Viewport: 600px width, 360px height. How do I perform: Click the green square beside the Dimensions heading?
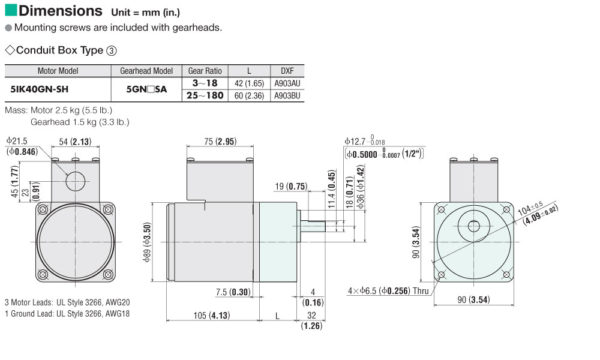pyautogui.click(x=11, y=10)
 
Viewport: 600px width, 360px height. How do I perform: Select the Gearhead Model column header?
pyautogui.click(x=146, y=71)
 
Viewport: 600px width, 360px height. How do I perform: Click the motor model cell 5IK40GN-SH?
pyautogui.click(x=40, y=89)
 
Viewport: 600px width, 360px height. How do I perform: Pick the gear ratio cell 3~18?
pyautogui.click(x=205, y=83)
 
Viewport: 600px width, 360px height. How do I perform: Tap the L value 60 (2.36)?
pyautogui.click(x=249, y=95)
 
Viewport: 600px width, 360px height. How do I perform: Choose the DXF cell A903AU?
pyautogui.click(x=287, y=83)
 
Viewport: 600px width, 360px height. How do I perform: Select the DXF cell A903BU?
pyautogui.click(x=287, y=95)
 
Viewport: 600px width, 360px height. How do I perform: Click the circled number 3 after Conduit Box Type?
pyautogui.click(x=112, y=50)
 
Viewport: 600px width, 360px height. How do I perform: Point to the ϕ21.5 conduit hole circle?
pyautogui.click(x=76, y=172)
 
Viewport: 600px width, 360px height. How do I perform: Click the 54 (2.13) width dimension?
pyautogui.click(x=75, y=142)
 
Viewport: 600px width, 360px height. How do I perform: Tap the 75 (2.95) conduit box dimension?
pyautogui.click(x=220, y=141)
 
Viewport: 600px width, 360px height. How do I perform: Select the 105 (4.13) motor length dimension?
pyautogui.click(x=212, y=315)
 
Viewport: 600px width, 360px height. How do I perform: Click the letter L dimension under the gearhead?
pyautogui.click(x=277, y=316)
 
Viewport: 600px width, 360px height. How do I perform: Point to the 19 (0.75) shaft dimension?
pyautogui.click(x=291, y=187)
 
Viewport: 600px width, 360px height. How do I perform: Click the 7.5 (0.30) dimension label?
pyautogui.click(x=233, y=292)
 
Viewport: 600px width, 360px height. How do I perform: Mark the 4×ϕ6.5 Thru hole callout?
pyautogui.click(x=388, y=291)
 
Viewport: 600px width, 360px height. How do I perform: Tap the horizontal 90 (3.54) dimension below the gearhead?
pyautogui.click(x=474, y=299)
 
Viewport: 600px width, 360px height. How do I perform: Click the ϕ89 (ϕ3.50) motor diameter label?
pyautogui.click(x=148, y=242)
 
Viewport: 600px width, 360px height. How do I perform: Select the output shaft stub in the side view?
pyautogui.click(x=313, y=226)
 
